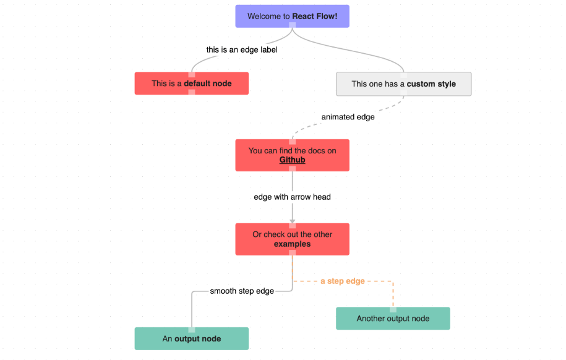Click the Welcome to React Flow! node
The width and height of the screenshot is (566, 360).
[292, 16]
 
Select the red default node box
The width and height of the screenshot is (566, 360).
[191, 84]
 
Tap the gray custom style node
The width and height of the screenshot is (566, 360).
[403, 84]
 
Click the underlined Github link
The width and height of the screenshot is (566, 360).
[292, 160]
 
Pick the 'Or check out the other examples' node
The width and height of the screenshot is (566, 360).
[292, 239]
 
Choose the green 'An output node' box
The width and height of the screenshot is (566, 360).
[191, 339]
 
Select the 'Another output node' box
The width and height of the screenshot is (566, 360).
[392, 319]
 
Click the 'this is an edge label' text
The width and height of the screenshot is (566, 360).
[241, 50]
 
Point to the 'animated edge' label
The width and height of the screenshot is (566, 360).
[348, 117]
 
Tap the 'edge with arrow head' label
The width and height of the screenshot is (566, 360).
[292, 197]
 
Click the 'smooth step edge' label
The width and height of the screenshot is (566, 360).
[242, 291]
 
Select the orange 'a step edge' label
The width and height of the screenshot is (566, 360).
[342, 281]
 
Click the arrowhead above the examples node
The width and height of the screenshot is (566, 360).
[292, 220]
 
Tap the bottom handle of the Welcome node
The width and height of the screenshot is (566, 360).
[292, 26]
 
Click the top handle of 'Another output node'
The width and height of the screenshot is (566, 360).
[393, 309]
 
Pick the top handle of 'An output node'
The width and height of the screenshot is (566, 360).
[192, 329]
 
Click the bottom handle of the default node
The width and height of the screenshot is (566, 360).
[192, 93]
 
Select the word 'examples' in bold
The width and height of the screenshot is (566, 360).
[292, 244]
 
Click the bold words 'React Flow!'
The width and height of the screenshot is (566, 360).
[315, 17]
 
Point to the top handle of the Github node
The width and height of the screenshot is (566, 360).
[292, 141]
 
